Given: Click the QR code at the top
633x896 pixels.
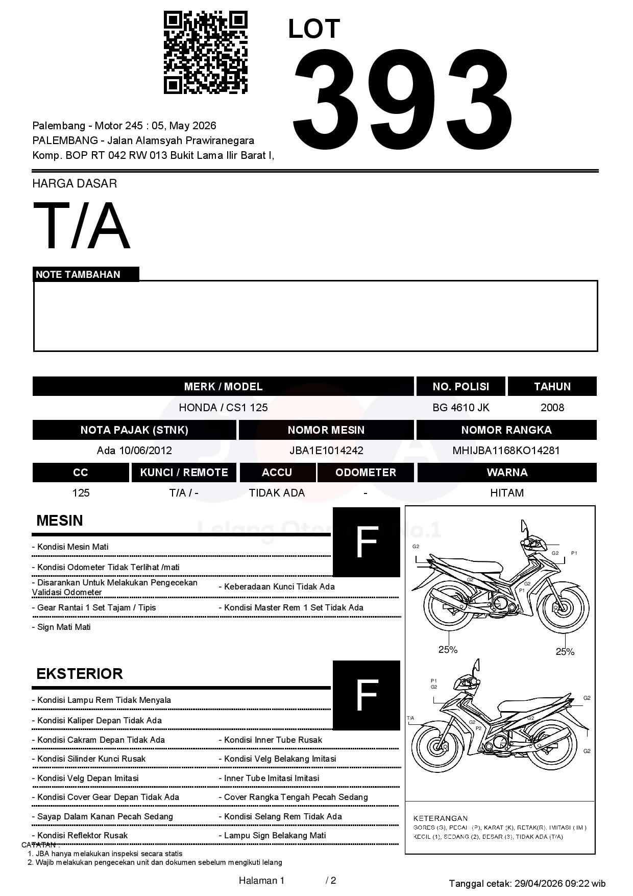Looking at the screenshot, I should point(205,53).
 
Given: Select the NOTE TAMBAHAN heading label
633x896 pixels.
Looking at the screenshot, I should point(78,274).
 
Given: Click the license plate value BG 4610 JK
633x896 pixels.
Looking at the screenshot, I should point(460,407).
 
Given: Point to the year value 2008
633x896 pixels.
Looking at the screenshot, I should point(552,407).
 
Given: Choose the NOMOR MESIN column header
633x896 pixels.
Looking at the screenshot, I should point(326,430).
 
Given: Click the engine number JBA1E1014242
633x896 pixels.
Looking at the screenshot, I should point(326,450).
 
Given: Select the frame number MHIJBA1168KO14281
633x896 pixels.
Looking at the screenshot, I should point(506,450).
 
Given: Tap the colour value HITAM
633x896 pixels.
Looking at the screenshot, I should point(506,492).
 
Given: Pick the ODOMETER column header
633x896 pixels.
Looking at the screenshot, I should point(366,472).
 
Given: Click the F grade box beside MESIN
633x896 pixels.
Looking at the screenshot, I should point(366,542).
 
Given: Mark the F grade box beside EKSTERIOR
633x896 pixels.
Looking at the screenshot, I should point(366,695).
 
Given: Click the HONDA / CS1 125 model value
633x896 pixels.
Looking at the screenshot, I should point(223,407).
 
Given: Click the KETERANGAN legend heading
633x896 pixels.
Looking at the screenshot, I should point(440,818).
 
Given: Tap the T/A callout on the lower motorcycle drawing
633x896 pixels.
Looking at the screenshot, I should point(410,718).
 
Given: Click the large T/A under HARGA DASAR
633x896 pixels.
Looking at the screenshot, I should point(82,226).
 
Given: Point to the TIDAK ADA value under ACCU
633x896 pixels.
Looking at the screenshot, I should point(277,492).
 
